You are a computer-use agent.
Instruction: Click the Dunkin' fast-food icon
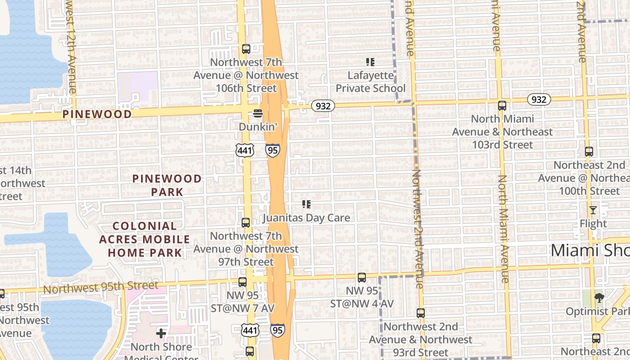click(x=257, y=113)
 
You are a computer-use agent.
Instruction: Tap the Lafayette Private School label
click(x=370, y=82)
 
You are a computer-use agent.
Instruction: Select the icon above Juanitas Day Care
click(x=306, y=204)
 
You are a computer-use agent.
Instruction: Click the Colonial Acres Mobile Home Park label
click(x=144, y=239)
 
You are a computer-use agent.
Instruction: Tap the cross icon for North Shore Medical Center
click(x=161, y=333)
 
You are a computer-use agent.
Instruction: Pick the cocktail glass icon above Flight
click(x=593, y=210)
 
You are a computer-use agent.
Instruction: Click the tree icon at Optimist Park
click(x=599, y=297)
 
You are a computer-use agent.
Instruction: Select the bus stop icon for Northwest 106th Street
click(x=246, y=49)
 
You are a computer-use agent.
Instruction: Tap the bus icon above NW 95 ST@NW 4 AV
click(x=362, y=278)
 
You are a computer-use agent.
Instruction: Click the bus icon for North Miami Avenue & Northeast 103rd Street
click(x=502, y=106)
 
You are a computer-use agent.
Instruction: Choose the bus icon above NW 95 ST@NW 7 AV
click(x=242, y=282)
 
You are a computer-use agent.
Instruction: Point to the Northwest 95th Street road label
click(x=101, y=287)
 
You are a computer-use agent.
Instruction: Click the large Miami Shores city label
click(x=590, y=250)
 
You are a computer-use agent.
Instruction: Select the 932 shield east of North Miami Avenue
click(x=539, y=99)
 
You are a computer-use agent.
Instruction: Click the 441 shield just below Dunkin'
click(x=245, y=150)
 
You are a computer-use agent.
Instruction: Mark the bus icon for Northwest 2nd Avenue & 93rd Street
click(x=421, y=313)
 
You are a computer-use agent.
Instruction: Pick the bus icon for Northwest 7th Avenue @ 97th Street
click(x=246, y=222)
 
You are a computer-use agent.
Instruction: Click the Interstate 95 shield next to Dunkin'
click(x=272, y=150)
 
